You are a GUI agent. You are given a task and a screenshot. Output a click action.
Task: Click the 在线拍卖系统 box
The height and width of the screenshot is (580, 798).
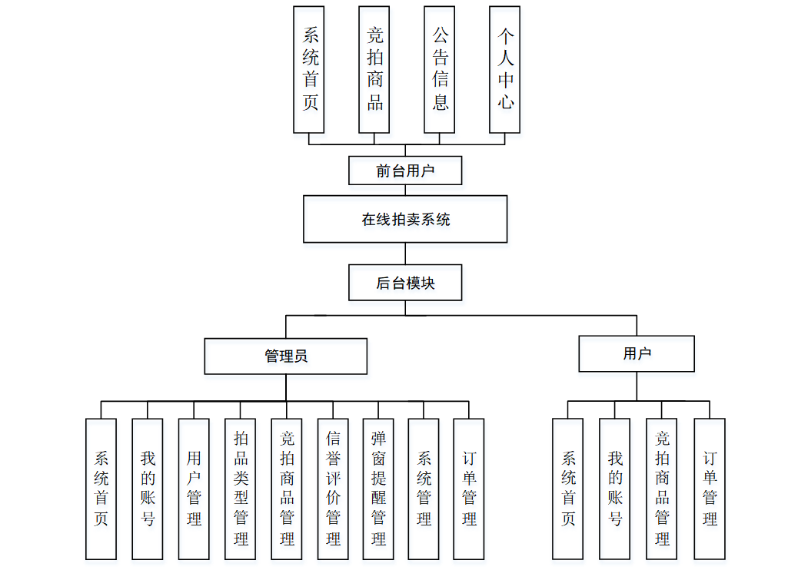coord(405,219)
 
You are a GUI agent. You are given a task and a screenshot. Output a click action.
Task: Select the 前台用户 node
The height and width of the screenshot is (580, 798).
coord(405,171)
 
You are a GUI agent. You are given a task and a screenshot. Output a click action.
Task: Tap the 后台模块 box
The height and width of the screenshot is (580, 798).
coord(405,283)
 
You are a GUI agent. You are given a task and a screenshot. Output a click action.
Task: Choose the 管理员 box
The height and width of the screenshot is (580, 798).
coord(286,356)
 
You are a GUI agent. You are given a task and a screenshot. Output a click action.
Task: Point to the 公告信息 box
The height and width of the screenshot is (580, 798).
coord(440,69)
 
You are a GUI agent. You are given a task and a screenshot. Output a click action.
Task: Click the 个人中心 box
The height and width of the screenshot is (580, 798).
coord(505,69)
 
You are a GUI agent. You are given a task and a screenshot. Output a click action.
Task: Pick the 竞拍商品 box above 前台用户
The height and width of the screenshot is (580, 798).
coord(374,69)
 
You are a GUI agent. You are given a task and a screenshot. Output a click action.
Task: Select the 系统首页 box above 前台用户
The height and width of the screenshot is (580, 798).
coord(309,69)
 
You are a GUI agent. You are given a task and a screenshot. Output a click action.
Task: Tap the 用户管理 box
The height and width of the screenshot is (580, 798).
coord(194,489)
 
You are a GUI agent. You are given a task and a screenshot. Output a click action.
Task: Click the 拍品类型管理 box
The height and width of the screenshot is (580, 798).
coord(240,489)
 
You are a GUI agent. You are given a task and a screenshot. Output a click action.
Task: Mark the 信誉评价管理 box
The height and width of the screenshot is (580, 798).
coord(332,489)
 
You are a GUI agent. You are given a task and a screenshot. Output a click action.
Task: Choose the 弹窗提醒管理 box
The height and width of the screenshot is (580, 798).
coord(378,489)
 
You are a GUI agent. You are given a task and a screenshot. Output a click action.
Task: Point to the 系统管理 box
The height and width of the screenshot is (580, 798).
coord(424,489)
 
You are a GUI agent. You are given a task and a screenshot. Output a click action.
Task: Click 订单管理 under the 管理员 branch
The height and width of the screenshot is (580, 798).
coord(469,489)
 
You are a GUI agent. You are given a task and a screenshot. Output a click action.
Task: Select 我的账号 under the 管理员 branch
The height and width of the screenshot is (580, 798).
coord(148,489)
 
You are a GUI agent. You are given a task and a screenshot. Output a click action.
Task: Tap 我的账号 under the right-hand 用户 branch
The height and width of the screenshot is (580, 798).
coord(615,489)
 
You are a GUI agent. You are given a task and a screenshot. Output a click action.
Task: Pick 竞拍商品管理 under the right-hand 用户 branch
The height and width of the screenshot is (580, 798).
coord(662,489)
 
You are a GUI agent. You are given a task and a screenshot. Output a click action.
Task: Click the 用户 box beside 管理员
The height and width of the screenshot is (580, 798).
coord(637,353)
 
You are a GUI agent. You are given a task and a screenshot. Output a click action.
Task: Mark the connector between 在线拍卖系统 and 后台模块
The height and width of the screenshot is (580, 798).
coord(405,254)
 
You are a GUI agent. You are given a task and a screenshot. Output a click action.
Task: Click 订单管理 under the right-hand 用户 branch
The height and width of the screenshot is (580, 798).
coord(710,489)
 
